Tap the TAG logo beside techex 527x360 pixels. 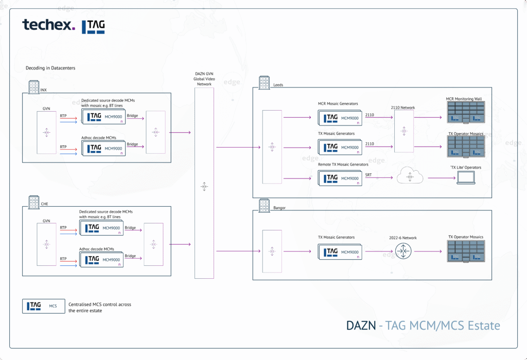[93, 26]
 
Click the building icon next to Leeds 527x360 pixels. [265, 82]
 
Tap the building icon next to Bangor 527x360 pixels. [265, 205]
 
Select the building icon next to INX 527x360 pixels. [34, 87]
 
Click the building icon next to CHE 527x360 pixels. [34, 201]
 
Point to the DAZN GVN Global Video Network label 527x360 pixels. [204, 79]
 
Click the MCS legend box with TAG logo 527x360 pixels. [43, 306]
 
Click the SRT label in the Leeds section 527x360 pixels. [368, 175]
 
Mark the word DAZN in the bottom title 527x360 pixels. [361, 326]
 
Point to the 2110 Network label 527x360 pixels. [403, 108]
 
